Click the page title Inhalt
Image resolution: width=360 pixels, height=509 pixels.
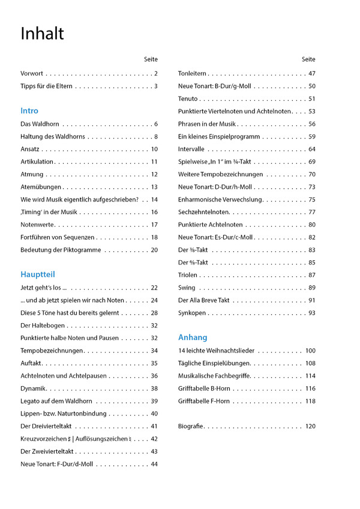coord(42,34)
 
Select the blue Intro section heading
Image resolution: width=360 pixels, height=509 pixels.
coord(29,111)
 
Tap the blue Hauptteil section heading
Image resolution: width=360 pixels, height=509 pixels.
coord(37,275)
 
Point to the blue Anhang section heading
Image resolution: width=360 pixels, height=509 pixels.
coord(193,338)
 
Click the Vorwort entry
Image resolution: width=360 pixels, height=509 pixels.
coord(32,74)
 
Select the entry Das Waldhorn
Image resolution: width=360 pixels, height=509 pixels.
coord(40,124)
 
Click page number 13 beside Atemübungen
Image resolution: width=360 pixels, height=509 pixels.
coord(154,187)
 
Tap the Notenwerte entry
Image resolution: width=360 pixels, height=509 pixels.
coord(37,225)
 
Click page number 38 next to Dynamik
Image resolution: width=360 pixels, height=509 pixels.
coord(154,388)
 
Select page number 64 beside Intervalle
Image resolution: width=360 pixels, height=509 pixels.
coord(312,149)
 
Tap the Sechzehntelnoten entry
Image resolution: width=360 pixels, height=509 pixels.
coord(204,212)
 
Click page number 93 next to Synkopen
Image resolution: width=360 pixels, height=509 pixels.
coord(312,313)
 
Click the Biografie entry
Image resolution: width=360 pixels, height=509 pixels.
coord(191,426)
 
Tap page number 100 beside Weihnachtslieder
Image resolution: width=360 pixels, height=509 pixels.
coord(310,351)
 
